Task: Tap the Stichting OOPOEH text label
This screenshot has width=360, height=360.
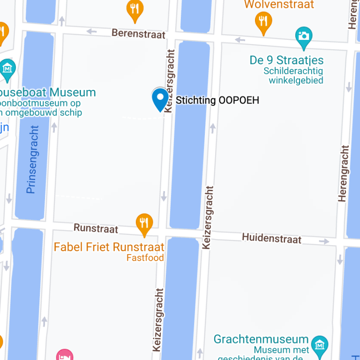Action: [217, 100]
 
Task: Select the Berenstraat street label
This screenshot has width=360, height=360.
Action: [139, 34]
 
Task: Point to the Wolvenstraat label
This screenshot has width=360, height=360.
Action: [279, 5]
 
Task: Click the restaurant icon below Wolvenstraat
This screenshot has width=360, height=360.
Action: [263, 21]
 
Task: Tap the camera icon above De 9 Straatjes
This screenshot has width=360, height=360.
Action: [304, 36]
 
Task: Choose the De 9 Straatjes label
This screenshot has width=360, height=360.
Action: [286, 60]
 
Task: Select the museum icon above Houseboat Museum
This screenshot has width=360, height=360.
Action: [7, 68]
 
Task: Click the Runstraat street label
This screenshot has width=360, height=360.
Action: [96, 228]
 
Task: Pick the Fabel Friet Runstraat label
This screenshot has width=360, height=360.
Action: [109, 247]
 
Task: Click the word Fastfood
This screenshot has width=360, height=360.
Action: [145, 258]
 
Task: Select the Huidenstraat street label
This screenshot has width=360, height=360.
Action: [271, 239]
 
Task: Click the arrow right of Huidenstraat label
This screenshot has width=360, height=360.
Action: [324, 241]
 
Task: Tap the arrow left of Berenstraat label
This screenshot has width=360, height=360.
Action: [92, 32]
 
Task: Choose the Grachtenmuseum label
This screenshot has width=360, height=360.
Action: [261, 339]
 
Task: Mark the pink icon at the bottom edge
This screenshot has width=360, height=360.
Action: [64, 355]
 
